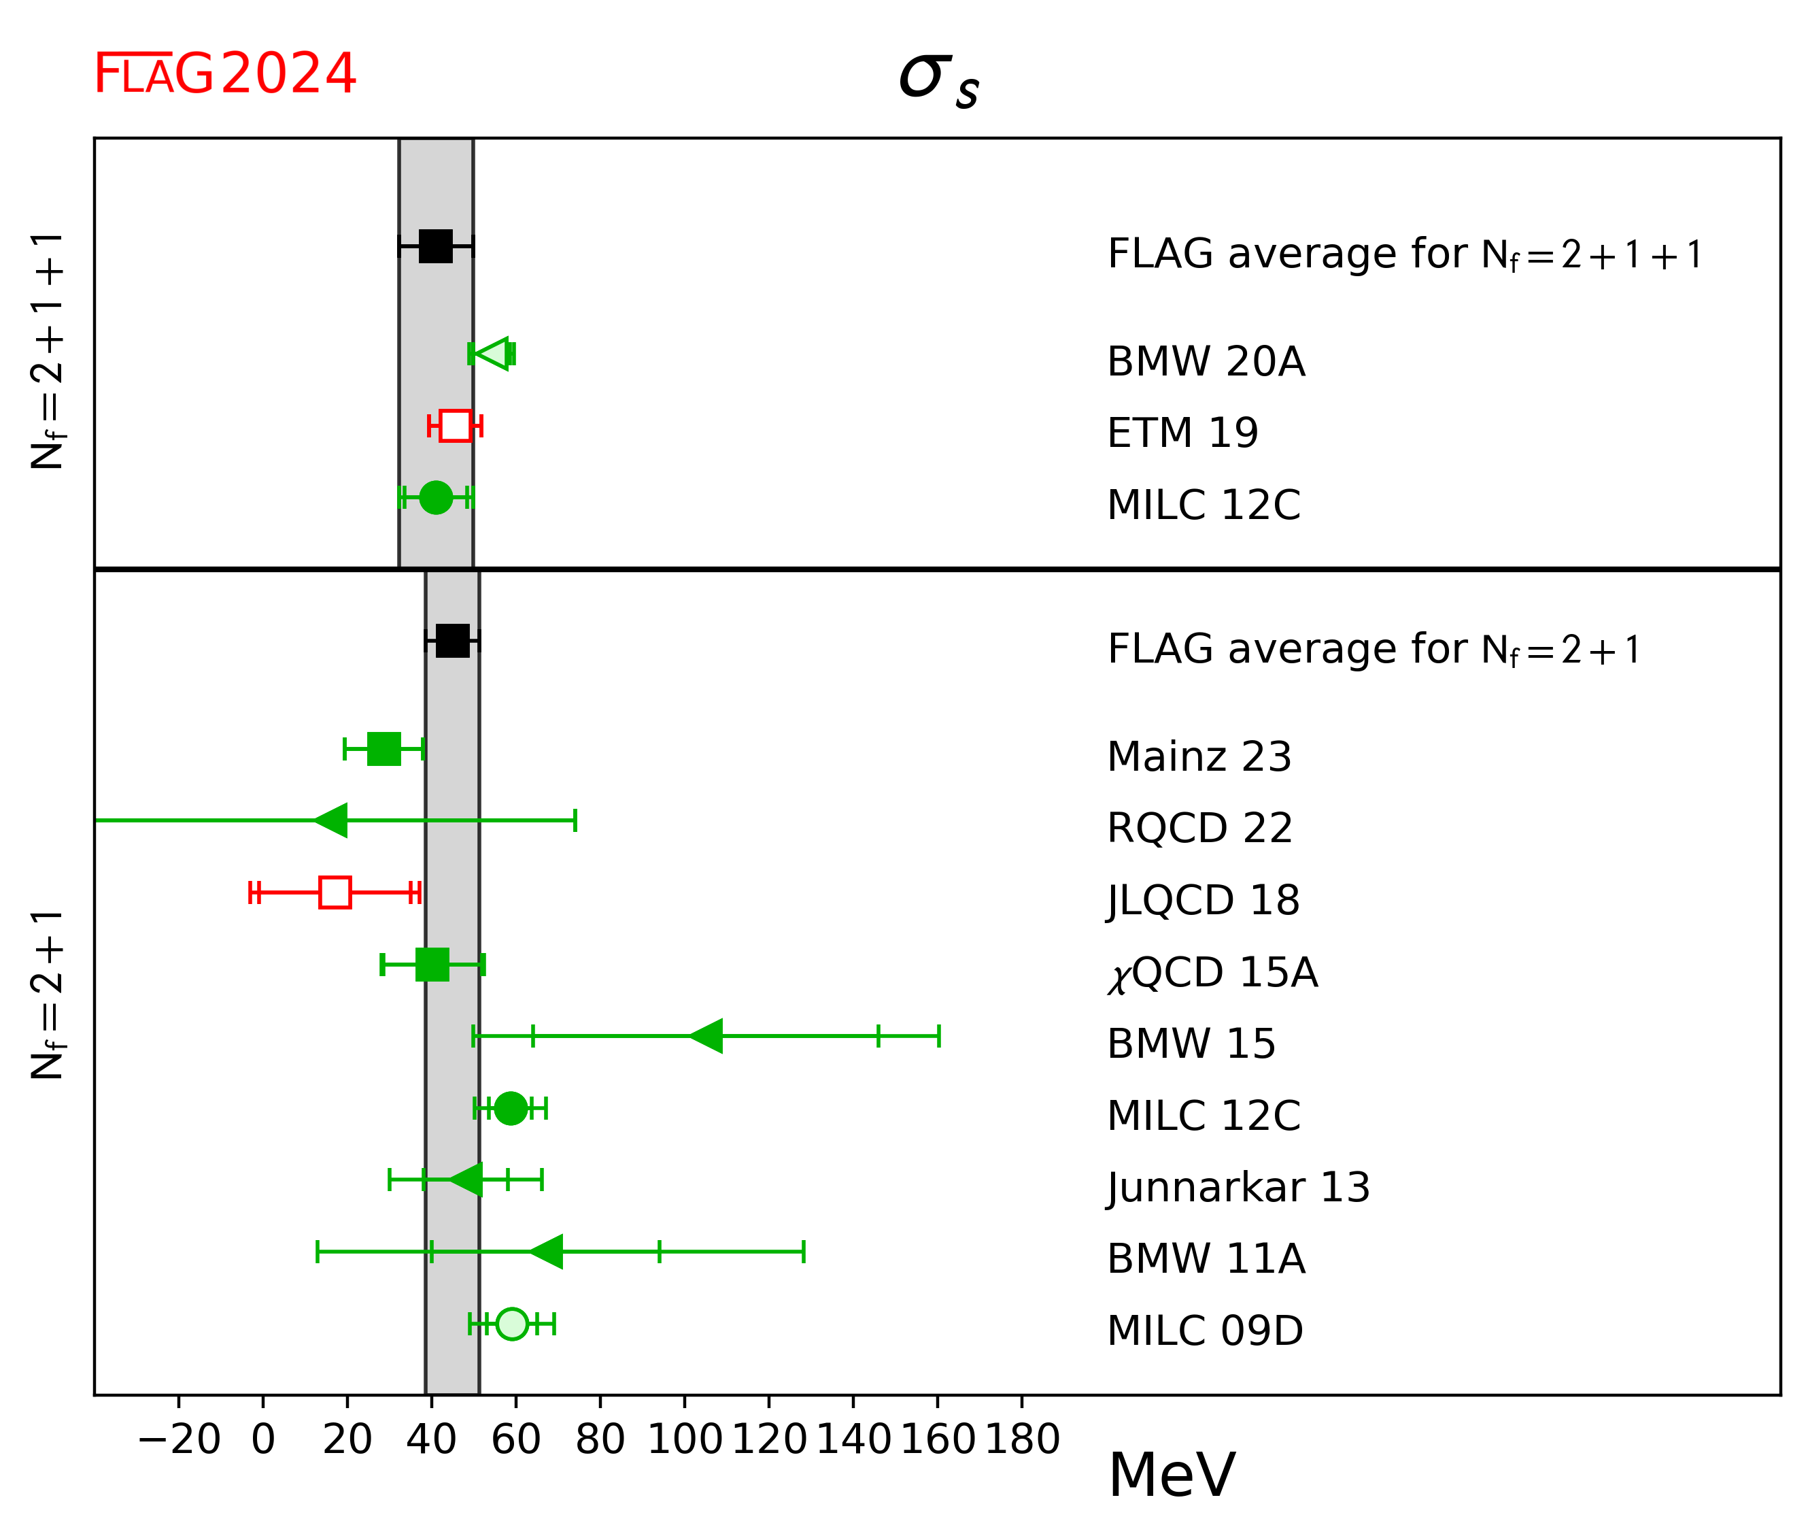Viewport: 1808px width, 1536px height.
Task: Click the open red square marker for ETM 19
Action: (456, 426)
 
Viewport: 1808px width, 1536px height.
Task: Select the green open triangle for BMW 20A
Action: (494, 354)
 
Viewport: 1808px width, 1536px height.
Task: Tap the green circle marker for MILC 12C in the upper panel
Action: (436, 497)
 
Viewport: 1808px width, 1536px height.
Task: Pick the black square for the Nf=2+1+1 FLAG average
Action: (436, 246)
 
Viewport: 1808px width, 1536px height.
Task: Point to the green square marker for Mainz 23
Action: (384, 749)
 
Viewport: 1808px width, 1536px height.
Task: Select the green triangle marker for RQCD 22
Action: (332, 820)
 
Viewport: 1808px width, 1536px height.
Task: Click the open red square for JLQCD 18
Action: (335, 892)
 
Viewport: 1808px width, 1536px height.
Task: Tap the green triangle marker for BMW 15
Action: (707, 1036)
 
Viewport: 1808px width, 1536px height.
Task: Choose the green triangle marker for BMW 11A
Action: (547, 1252)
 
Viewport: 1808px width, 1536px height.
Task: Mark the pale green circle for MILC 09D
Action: (512, 1324)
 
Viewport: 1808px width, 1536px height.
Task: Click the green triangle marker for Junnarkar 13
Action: (466, 1180)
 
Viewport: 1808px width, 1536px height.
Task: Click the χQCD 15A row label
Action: (1212, 973)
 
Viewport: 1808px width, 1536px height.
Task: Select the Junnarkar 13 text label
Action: (1238, 1188)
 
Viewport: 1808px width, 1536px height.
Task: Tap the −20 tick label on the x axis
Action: (180, 1439)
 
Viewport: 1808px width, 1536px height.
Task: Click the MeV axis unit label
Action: (1172, 1476)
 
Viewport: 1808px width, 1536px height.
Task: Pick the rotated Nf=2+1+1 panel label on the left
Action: (48, 351)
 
